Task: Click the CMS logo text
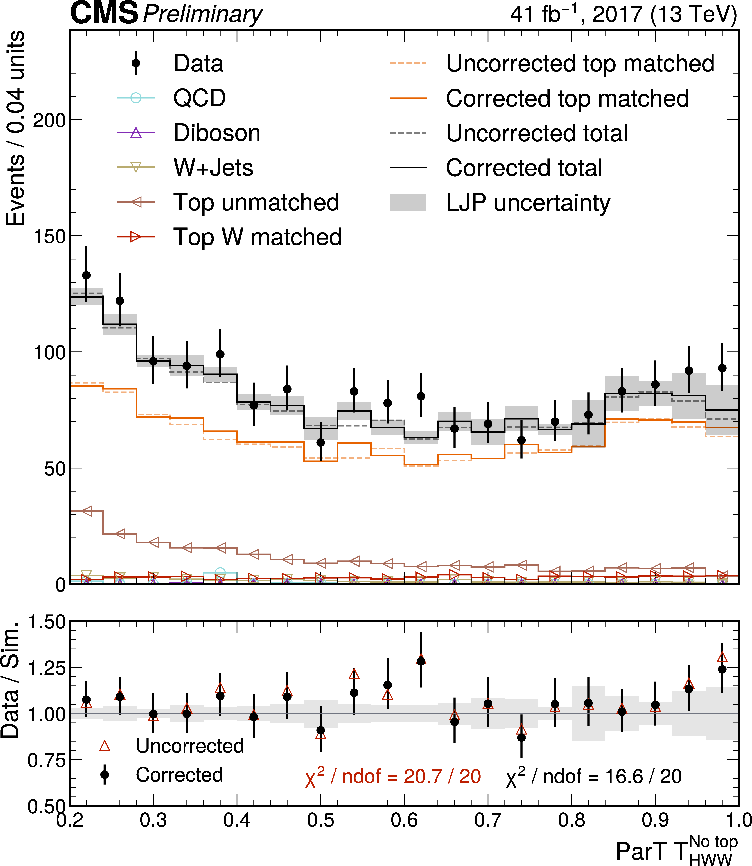pos(104,13)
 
